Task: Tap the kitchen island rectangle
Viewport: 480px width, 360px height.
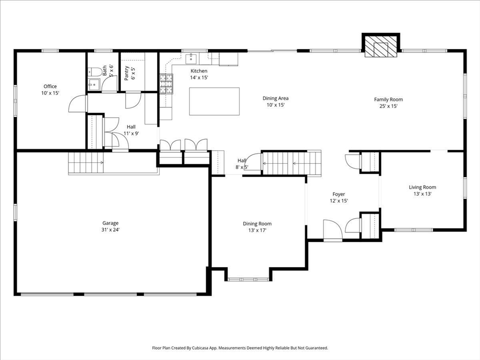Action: click(x=214, y=101)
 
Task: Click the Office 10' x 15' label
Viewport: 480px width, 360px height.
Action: click(x=50, y=90)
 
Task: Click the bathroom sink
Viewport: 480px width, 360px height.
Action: click(x=93, y=85)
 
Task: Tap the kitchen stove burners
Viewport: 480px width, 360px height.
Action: click(x=166, y=84)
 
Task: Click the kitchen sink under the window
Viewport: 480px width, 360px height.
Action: click(x=191, y=59)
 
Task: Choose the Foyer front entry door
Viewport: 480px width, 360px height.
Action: click(x=333, y=231)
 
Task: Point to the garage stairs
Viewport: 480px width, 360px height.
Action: click(x=86, y=163)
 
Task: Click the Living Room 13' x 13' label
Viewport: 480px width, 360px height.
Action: click(x=422, y=190)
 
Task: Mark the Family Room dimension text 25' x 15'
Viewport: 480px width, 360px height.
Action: click(x=388, y=106)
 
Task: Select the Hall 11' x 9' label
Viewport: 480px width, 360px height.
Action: click(x=131, y=130)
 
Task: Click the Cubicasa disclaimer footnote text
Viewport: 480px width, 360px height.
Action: click(x=240, y=348)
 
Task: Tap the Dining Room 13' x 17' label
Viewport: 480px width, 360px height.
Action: click(x=257, y=227)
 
